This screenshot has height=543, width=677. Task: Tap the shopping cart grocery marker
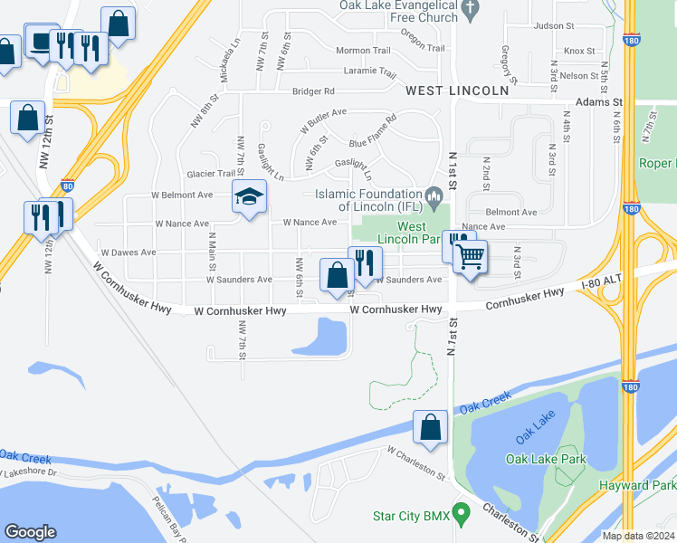[x=471, y=257]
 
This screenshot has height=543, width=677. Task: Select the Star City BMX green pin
[x=461, y=514]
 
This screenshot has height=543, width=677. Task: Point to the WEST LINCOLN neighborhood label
[x=457, y=91]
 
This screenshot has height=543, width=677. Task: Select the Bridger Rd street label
[x=313, y=91]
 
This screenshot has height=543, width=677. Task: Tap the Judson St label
[x=555, y=26]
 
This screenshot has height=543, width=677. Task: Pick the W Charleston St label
[x=416, y=462]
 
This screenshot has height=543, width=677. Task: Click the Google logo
[x=30, y=532]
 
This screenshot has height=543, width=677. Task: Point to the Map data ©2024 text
[x=638, y=536]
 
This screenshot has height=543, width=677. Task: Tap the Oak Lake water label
[x=534, y=437]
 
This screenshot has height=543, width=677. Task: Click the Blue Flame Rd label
[x=373, y=131]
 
